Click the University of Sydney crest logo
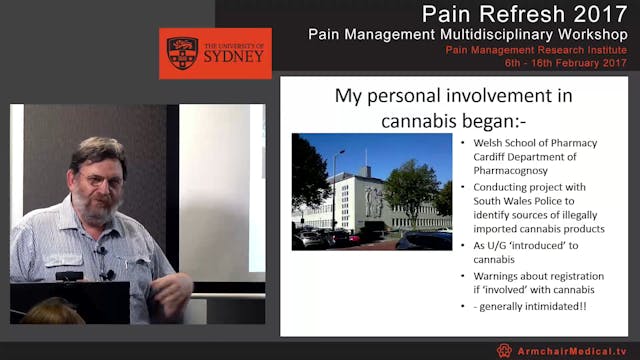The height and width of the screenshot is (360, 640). point(182,52)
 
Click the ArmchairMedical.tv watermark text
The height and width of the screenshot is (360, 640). point(573,351)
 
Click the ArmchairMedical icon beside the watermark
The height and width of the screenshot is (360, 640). point(504,351)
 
